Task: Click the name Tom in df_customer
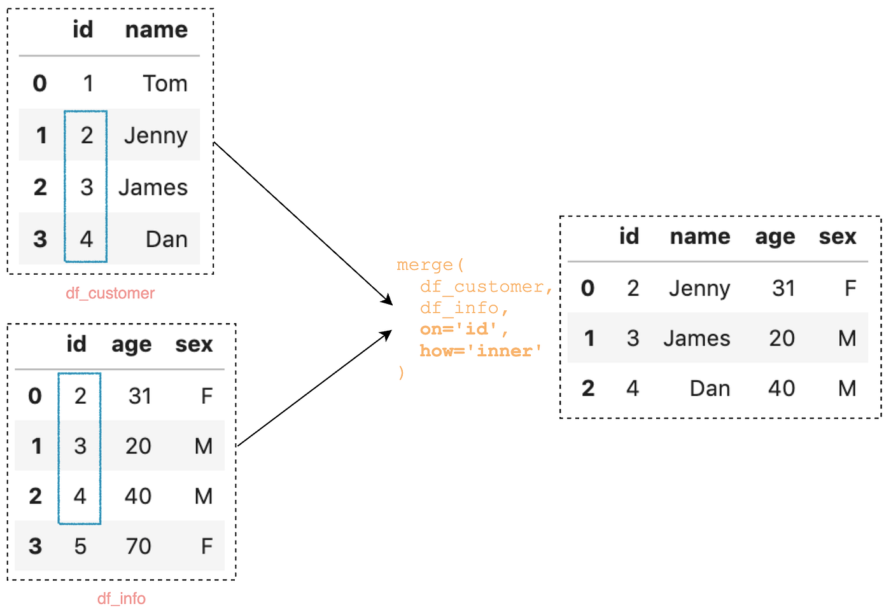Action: [165, 83]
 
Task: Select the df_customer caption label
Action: [110, 293]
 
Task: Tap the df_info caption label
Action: [121, 598]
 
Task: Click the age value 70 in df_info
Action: [138, 546]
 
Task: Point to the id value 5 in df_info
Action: [80, 546]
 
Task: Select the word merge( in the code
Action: [430, 265]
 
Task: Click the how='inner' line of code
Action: [481, 351]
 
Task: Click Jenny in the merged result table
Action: [699, 289]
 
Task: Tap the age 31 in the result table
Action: [783, 289]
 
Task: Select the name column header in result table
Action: [700, 237]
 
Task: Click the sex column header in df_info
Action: [194, 344]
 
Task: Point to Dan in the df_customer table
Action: [167, 240]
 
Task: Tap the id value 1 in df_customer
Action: [88, 83]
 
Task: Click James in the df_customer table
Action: [153, 188]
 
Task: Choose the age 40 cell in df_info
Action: [138, 496]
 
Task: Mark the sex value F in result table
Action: [850, 289]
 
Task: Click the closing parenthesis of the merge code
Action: [401, 373]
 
